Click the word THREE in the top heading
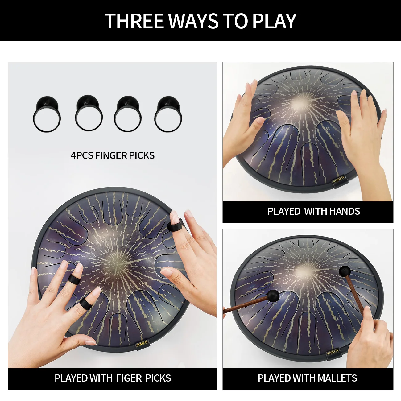pyautogui.click(x=134, y=21)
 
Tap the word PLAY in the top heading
pyautogui.click(x=274, y=21)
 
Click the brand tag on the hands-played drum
pyautogui.click(x=339, y=179)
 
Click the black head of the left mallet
pyautogui.click(x=273, y=296)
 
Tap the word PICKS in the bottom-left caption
pyautogui.click(x=158, y=378)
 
